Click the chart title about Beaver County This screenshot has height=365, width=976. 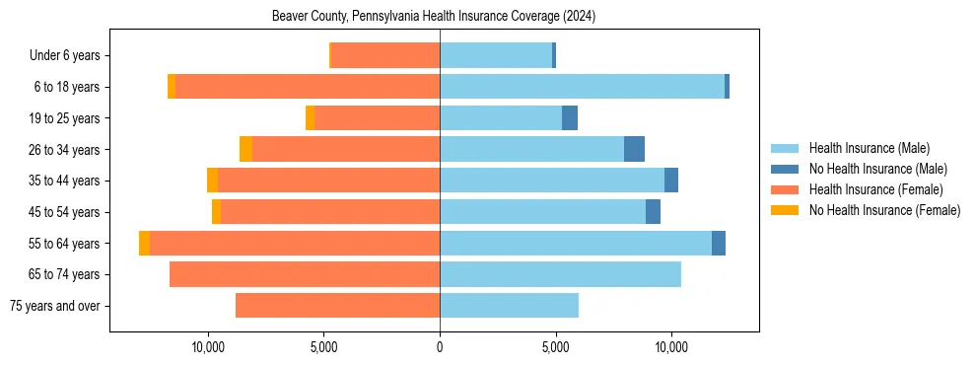point(434,17)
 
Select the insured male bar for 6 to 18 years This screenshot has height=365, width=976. point(582,87)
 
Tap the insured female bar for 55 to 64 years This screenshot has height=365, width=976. point(295,243)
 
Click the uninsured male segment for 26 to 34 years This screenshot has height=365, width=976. point(634,149)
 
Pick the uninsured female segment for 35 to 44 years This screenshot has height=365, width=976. point(212,181)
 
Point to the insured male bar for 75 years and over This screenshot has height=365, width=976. point(509,306)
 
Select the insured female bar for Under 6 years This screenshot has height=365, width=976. point(384,55)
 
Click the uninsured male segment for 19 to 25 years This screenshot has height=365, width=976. point(570,118)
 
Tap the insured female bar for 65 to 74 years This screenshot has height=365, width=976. point(305,274)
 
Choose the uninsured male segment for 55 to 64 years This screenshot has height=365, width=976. point(719,243)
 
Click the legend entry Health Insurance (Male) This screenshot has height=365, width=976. point(869,148)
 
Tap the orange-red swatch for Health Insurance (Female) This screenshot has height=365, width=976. point(785,189)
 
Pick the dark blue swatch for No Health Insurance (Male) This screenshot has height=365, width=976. point(785,169)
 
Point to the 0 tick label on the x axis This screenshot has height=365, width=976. point(440,347)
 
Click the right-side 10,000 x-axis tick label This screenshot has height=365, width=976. point(671,347)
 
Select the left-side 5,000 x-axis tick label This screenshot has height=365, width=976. point(324,347)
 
